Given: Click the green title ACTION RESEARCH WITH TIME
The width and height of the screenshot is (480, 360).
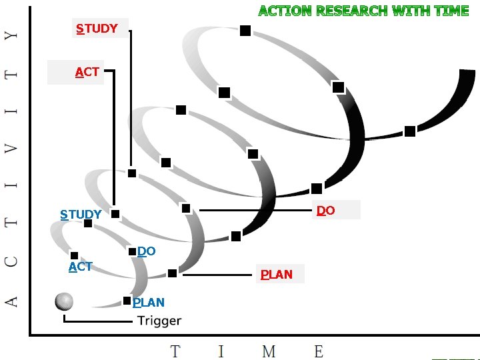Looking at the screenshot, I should [363, 11].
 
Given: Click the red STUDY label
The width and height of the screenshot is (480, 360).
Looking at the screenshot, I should [97, 29].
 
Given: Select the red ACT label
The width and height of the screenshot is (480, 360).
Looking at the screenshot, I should [87, 72].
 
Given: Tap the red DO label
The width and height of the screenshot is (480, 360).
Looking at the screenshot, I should [326, 211].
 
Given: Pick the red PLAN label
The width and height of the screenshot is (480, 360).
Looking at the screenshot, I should [277, 274].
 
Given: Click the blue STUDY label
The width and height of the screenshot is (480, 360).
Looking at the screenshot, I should [81, 215].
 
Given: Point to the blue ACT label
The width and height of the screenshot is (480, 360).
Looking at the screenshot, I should [80, 267].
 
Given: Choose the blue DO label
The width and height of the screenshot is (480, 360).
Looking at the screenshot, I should [147, 251].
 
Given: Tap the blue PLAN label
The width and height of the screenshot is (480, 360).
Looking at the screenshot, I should [149, 302].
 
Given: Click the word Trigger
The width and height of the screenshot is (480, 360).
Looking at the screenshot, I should [159, 321].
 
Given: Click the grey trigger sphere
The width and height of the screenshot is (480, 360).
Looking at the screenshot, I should [64, 301].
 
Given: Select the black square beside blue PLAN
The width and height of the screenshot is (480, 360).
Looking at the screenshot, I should [127, 301].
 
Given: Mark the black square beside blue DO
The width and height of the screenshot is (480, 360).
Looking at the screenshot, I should [133, 251].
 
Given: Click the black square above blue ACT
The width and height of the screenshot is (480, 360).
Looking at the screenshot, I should [74, 255].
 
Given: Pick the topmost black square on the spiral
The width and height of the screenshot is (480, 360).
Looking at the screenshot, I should [245, 31].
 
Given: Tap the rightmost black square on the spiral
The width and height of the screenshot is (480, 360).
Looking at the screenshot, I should [410, 131].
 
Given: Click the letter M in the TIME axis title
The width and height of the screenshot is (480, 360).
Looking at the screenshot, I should [269, 351].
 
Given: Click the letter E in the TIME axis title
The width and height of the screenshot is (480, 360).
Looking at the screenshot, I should [319, 351].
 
